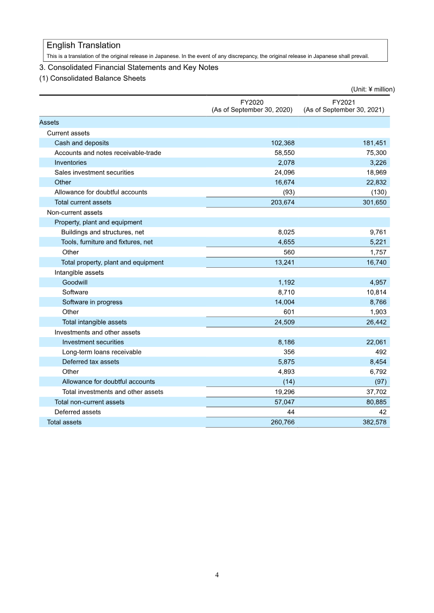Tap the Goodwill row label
75,282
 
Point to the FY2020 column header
252,105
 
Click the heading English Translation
84,46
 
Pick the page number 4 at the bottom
217,575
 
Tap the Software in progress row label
92,302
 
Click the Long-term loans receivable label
102,352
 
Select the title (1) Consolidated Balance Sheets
92,78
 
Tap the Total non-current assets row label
90,402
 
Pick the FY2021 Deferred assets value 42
382,412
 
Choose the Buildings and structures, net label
103,232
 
